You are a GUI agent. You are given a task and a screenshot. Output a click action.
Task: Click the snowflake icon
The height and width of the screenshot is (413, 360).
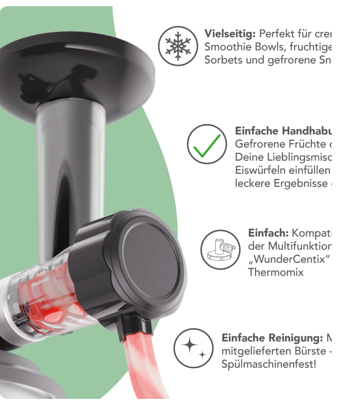click(178, 46)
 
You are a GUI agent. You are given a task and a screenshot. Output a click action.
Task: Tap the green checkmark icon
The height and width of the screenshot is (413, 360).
click(207, 144)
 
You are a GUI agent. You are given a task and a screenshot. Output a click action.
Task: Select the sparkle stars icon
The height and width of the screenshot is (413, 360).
click(193, 348)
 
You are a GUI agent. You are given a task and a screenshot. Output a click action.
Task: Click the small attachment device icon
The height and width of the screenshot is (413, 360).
click(220, 250)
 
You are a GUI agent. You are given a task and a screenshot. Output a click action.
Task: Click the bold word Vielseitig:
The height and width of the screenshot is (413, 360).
click(230, 34)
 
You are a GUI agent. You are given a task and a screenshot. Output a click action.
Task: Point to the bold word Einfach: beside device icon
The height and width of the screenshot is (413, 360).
click(268, 233)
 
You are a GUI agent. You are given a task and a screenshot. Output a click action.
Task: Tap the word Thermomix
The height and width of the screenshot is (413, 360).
click(276, 272)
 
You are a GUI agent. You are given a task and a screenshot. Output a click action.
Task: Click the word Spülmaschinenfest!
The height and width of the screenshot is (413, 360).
click(268, 364)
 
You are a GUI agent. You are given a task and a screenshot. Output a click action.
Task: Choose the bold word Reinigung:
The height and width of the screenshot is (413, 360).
click(296, 338)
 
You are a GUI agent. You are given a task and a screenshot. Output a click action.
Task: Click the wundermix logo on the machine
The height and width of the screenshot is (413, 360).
click(41, 285)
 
